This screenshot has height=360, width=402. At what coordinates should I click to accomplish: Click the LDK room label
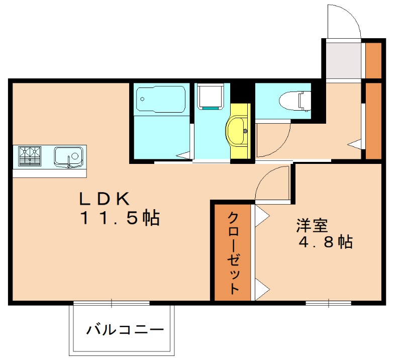[104, 199]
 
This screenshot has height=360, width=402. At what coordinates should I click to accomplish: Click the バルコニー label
[125, 330]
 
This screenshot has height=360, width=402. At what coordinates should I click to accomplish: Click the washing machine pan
[210, 97]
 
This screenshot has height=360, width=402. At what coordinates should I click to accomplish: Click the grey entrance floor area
[344, 61]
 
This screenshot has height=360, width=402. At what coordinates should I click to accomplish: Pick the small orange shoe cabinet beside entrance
[373, 61]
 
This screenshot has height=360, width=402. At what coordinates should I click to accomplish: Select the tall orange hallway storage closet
[373, 120]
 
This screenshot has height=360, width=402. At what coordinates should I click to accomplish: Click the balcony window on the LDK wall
[112, 303]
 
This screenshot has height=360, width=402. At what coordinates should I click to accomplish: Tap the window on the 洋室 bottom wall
[328, 303]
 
